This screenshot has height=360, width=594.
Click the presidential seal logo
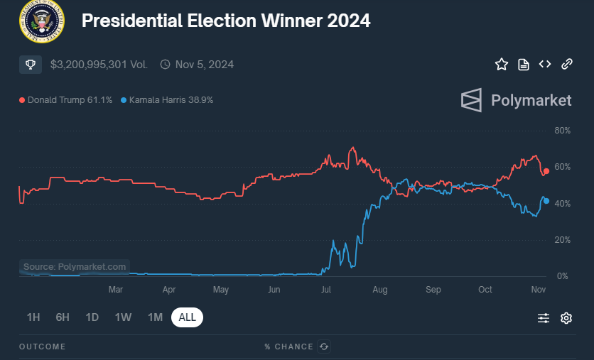click(x=41, y=21)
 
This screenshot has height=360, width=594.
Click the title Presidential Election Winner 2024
click(x=226, y=21)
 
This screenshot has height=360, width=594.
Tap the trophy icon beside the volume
click(x=31, y=65)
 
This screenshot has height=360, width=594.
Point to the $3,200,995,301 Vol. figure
click(x=99, y=65)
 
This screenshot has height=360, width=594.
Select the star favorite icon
click(x=502, y=65)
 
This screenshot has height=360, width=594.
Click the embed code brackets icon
click(x=545, y=65)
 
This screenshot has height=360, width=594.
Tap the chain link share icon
click(x=567, y=65)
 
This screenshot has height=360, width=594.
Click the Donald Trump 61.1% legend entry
click(x=66, y=100)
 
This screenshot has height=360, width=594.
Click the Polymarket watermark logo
click(x=516, y=100)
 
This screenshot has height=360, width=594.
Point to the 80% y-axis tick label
click(x=562, y=131)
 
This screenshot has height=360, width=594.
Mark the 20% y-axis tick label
click(x=562, y=239)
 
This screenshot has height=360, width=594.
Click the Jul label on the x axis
click(x=327, y=290)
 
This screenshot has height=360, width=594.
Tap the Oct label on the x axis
click(x=485, y=290)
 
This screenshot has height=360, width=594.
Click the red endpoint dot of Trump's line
click(x=546, y=171)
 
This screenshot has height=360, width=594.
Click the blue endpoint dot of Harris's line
click(x=546, y=200)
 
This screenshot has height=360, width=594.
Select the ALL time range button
click(x=187, y=317)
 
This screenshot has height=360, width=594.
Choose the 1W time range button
click(x=124, y=317)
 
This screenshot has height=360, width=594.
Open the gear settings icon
click(x=566, y=318)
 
